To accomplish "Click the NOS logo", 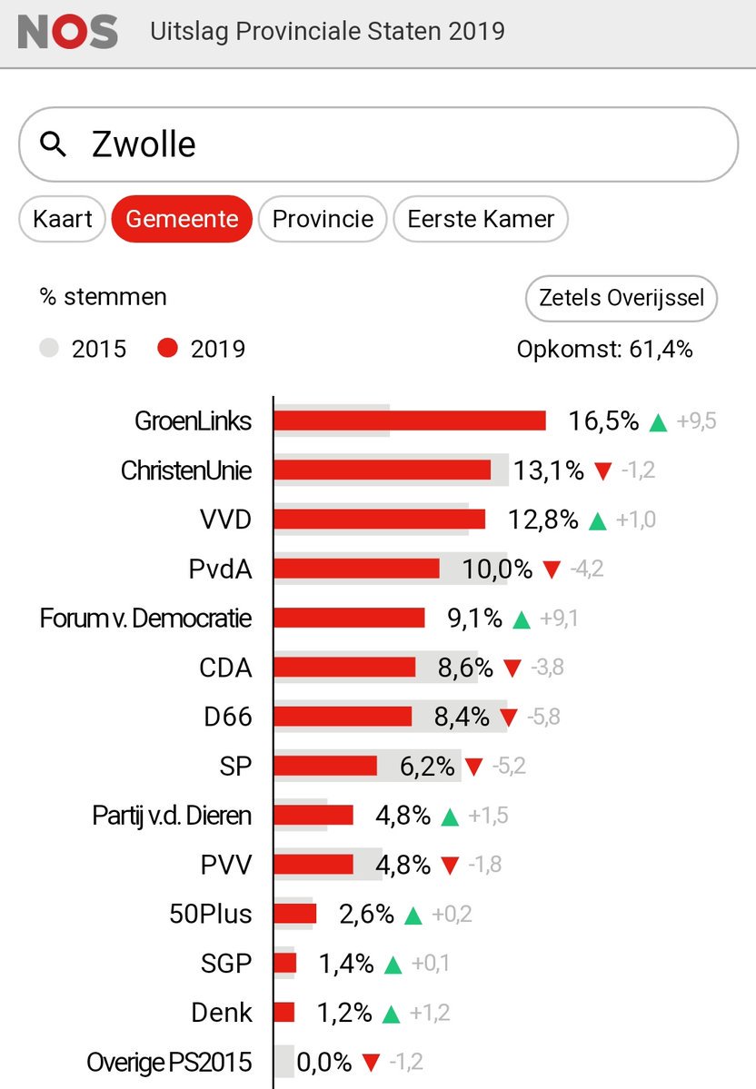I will (x=68, y=32).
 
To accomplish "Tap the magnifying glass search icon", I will (x=55, y=144).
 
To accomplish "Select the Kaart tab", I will (x=63, y=219).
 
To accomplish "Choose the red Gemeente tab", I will (x=182, y=219).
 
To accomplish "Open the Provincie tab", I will (x=323, y=219).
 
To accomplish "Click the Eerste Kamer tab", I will (x=481, y=219).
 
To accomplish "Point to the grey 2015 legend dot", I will (x=50, y=349).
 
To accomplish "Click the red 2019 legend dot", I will (x=166, y=349).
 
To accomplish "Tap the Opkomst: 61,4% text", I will (x=604, y=349).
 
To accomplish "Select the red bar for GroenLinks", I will (x=409, y=421).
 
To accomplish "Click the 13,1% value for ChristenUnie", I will (x=549, y=470).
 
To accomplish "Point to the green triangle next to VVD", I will (x=597, y=520).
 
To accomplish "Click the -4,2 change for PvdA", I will (x=586, y=569).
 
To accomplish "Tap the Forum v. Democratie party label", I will (x=145, y=619).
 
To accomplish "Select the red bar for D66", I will (x=343, y=717).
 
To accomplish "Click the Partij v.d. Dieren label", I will (x=172, y=816).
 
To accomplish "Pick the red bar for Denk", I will (x=284, y=1012).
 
